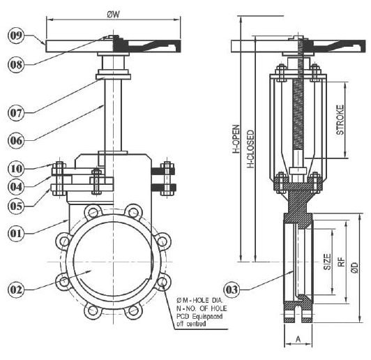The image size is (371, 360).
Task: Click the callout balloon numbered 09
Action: coord(16,36)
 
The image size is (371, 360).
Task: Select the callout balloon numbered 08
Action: coord(16,64)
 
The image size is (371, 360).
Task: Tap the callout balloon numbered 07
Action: coord(16,113)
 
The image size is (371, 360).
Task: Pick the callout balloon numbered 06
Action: coord(16,140)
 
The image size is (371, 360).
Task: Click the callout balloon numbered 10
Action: coord(16,169)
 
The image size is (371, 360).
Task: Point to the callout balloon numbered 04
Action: coord(16,187)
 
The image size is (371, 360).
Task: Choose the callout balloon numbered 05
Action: coord(16,206)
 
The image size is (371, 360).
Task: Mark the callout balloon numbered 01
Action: coord(16,234)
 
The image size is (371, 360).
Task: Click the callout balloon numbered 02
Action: coord(16,290)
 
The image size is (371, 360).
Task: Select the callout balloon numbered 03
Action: coord(232,290)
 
